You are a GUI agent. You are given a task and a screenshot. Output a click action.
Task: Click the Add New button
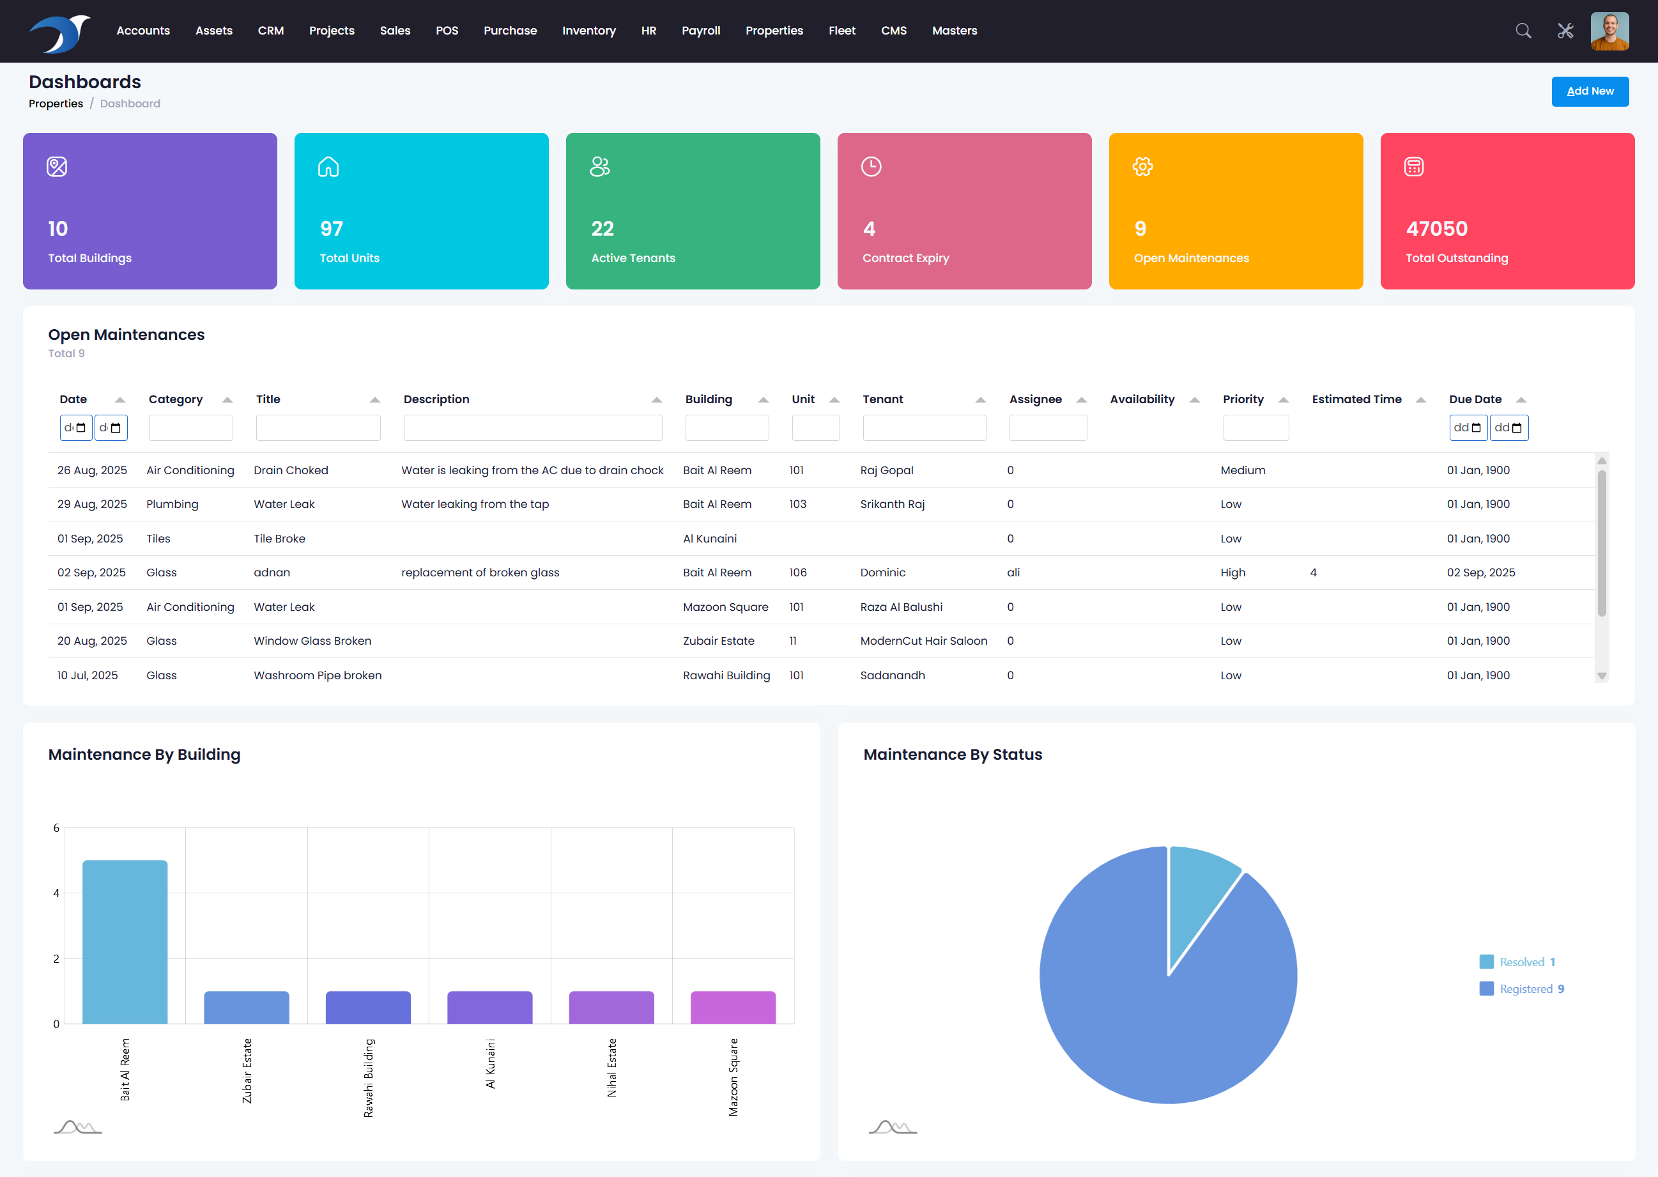pos(1589,91)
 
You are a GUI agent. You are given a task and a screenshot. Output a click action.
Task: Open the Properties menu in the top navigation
pos(774,31)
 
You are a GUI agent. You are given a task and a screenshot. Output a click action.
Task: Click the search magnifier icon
pos(1523,31)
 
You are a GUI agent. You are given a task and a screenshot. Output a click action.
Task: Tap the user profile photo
pos(1609,31)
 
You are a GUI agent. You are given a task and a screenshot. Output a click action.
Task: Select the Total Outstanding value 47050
pos(1436,229)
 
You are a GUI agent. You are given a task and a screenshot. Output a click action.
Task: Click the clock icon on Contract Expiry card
pos(871,167)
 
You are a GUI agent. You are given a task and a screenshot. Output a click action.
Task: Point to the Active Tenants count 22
pos(603,229)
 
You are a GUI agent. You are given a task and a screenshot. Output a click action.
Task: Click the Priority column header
pos(1243,399)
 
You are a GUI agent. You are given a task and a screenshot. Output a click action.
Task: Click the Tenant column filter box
pos(924,427)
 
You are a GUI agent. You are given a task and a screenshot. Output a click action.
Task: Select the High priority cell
pos(1232,573)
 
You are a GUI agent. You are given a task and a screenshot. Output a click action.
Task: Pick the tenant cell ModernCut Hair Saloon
pos(923,641)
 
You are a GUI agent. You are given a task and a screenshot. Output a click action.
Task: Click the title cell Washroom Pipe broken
pos(318,675)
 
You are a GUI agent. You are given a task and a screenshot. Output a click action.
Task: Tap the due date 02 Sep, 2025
pos(1480,573)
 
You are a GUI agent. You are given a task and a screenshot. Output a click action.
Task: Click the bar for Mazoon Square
pos(733,1008)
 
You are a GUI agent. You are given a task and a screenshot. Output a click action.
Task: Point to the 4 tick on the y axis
pos(56,893)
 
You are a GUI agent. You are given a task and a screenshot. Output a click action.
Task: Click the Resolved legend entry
pos(1521,962)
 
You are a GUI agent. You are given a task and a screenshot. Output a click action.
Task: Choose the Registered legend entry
pos(1525,989)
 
